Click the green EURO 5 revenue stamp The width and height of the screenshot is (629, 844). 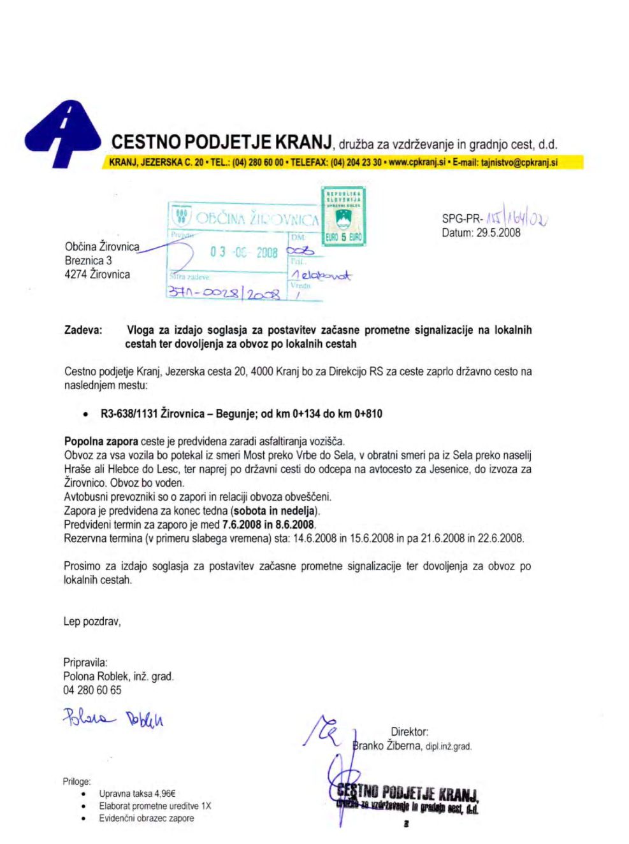click(x=343, y=217)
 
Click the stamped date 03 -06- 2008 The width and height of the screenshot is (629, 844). click(x=243, y=252)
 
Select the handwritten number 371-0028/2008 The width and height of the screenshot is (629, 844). click(x=224, y=294)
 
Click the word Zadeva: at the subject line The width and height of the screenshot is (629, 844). click(x=83, y=330)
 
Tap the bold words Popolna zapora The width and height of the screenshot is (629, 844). click(x=101, y=441)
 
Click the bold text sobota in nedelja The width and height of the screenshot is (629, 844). click(x=275, y=511)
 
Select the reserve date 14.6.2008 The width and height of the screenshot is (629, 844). click(x=314, y=538)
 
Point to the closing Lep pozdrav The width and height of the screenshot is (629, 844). click(x=92, y=621)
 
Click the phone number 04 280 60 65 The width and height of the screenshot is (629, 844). click(x=92, y=690)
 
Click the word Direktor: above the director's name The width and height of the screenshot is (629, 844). click(x=409, y=733)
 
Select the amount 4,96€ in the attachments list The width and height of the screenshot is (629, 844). click(x=164, y=794)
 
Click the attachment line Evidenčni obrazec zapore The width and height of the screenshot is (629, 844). click(x=146, y=819)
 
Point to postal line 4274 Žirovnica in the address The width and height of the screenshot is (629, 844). click(x=97, y=275)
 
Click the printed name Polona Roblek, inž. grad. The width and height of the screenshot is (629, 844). click(x=118, y=676)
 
